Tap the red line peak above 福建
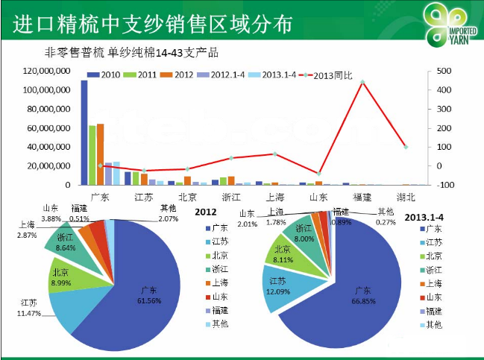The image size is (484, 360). click(x=362, y=82)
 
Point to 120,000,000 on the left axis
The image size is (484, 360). click(x=47, y=71)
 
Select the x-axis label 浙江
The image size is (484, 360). click(x=231, y=197)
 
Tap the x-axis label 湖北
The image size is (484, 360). click(x=406, y=197)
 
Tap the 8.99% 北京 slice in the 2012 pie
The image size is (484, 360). click(x=61, y=277)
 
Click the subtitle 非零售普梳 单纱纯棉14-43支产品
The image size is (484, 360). click(x=132, y=54)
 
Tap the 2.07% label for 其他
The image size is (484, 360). click(x=169, y=218)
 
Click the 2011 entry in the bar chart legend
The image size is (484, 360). click(x=141, y=75)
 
